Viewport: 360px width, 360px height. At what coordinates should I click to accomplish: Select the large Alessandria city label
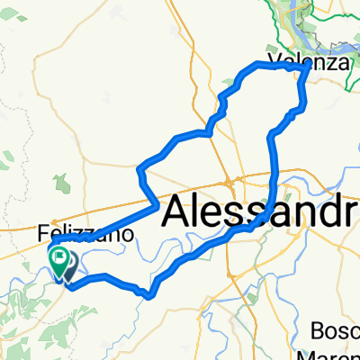point(261,211)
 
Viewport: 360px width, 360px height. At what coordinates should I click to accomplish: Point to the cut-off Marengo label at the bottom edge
point(337,353)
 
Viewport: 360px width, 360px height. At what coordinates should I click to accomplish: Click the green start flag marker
point(59,260)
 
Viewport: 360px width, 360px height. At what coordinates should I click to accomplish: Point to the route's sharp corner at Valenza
point(310,66)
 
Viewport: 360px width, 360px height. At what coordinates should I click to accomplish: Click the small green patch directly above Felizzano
point(63,184)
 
